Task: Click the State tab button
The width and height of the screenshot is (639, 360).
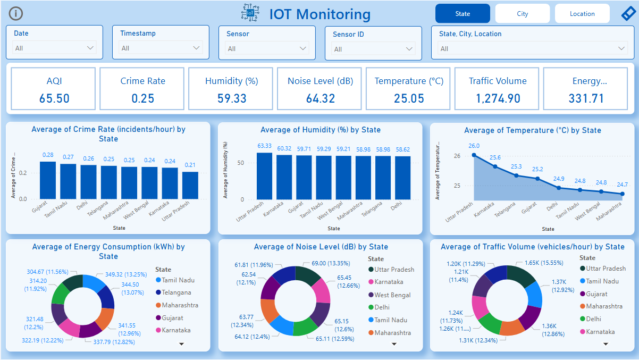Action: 463,14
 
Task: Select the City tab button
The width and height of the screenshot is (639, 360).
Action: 522,14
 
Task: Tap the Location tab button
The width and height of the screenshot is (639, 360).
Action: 582,14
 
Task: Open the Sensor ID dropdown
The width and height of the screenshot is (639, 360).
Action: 373,49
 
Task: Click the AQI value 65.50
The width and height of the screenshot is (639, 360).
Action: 54,98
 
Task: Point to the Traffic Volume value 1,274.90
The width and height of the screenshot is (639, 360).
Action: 498,98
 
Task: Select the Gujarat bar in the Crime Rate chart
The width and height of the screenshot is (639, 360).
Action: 48,180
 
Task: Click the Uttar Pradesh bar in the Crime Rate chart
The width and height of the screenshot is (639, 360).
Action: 190,185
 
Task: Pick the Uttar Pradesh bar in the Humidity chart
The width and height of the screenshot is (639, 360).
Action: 264,176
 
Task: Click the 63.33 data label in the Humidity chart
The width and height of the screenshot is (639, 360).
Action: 264,146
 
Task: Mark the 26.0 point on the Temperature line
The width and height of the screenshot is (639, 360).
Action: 474,155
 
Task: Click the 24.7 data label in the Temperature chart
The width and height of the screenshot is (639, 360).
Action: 622,185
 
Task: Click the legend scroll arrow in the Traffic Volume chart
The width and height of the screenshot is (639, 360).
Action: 606,344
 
